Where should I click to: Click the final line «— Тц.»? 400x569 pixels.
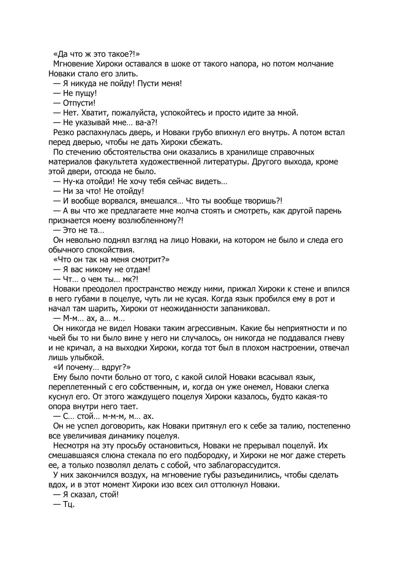(x=64, y=504)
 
